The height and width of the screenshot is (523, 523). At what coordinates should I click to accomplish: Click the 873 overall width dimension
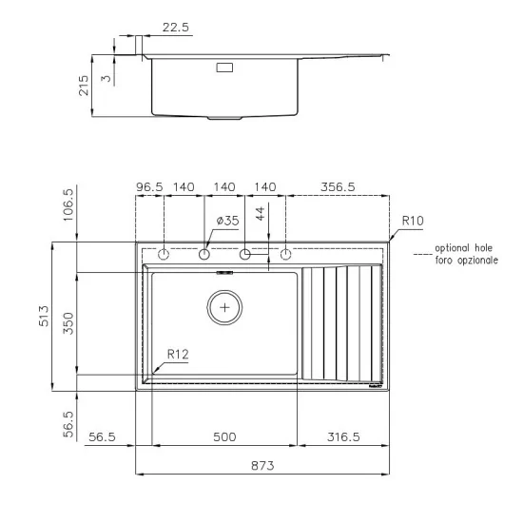(262, 465)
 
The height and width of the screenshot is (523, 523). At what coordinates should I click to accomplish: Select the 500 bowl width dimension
(224, 436)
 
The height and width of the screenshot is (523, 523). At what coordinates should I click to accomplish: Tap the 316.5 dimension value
(343, 436)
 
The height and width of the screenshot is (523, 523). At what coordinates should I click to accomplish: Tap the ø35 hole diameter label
(227, 221)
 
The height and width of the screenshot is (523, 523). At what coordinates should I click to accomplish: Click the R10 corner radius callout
(413, 221)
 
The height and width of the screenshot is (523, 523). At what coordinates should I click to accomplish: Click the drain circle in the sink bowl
(225, 307)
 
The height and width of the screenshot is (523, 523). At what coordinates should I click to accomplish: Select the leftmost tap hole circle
(164, 255)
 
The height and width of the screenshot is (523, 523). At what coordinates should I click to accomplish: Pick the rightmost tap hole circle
(285, 255)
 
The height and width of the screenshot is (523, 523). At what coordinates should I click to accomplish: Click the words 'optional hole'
(465, 247)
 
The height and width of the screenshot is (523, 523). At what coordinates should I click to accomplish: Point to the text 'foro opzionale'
(466, 259)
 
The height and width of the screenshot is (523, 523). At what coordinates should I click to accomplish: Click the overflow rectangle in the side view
(225, 68)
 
